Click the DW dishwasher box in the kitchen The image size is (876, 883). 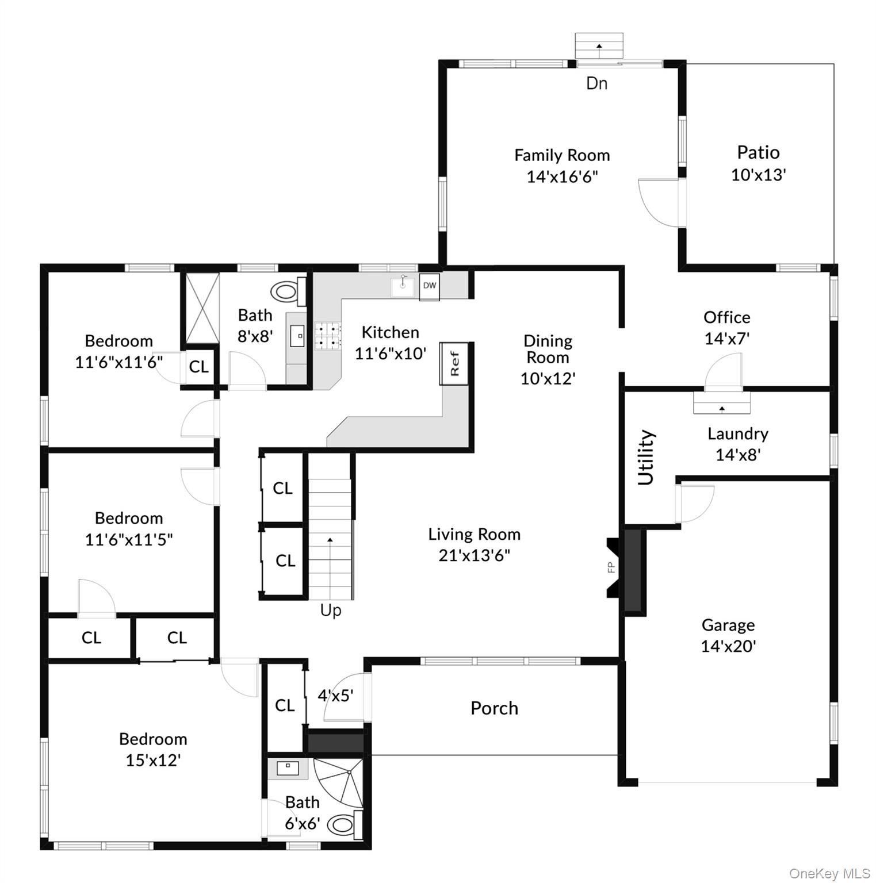(429, 286)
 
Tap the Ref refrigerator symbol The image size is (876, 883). (454, 363)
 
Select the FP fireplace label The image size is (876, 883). (611, 567)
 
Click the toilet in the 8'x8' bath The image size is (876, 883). (288, 291)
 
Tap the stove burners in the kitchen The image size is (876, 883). (328, 336)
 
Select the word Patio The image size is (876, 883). (758, 152)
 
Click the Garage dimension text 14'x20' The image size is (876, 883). (728, 646)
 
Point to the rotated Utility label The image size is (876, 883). (646, 458)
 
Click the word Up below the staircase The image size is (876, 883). (331, 611)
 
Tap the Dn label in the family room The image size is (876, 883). (596, 83)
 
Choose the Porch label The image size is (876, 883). (494, 708)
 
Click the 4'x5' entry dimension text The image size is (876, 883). (335, 696)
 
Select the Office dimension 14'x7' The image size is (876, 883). (727, 339)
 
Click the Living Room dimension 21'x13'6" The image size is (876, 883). (474, 555)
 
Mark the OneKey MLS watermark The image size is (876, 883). (829, 874)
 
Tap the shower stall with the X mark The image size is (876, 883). (201, 308)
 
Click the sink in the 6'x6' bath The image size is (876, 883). (288, 769)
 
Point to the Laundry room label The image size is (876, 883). (737, 433)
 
